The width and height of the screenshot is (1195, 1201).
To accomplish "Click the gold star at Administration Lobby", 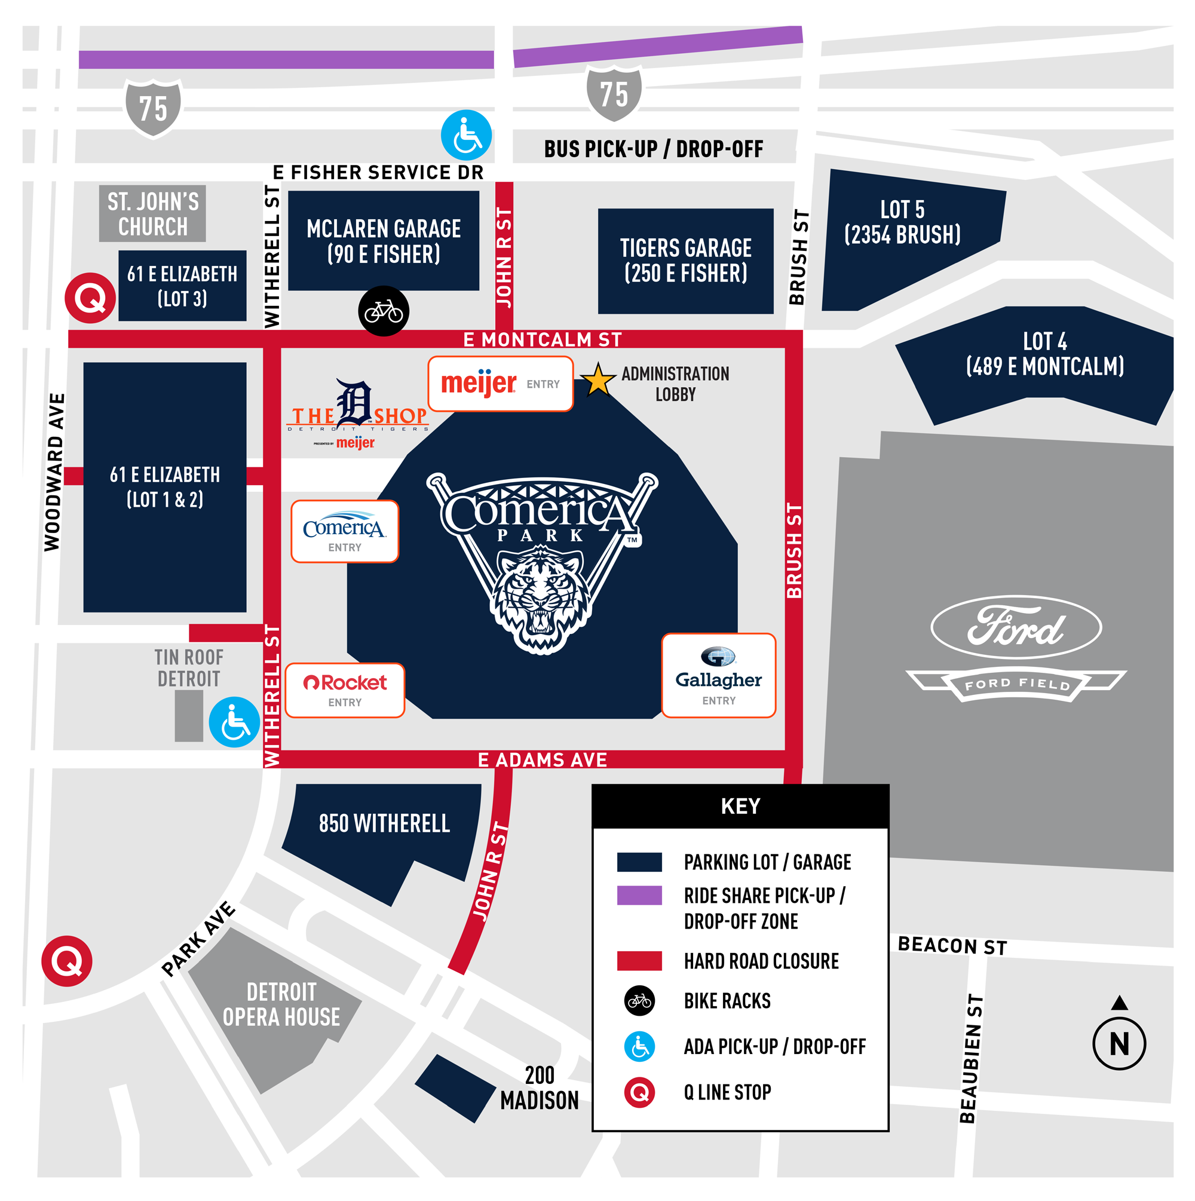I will coord(597,381).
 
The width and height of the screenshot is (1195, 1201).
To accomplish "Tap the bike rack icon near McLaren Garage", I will coord(384,311).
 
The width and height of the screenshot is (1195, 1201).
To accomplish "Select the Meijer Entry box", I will coord(500,384).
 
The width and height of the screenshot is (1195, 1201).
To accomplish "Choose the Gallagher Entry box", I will coord(718,676).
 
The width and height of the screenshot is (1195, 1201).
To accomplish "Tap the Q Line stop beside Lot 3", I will coord(90,298).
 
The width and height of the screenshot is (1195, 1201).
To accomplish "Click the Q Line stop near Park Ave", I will coord(67,961).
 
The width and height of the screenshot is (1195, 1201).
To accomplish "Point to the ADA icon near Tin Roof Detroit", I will coord(234,722).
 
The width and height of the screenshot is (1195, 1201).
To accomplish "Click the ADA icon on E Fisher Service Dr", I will coord(465,136).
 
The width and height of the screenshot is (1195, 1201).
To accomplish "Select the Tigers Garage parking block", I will coord(685,261).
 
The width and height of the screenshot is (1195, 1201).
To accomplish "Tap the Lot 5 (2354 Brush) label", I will coord(902,222).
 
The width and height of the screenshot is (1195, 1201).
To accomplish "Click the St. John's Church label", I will coord(152,214).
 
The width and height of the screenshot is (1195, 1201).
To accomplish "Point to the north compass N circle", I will coord(1119,1044).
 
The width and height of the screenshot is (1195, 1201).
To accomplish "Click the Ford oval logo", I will coord(1016,627).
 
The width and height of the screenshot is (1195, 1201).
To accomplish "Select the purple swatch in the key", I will coord(639,895).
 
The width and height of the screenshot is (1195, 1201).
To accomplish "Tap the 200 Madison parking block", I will coord(455,1089).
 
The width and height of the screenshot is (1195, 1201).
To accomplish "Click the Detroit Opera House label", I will coord(281,1004).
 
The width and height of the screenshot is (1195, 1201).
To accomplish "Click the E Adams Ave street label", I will coord(542,759).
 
